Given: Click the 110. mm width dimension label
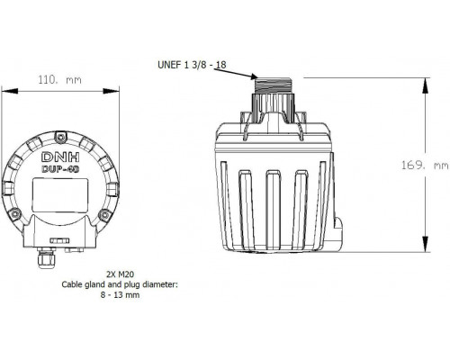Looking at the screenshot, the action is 59,80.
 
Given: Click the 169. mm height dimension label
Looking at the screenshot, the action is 425,166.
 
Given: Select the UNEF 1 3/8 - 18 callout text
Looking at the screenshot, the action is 192,65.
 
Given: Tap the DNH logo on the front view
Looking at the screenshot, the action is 60,157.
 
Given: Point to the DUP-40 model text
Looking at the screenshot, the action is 60,169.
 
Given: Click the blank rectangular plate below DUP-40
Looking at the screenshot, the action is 60,195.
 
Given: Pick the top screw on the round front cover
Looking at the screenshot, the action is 61,138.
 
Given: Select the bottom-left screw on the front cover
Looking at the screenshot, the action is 13,214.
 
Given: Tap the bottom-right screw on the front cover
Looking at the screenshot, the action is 104,214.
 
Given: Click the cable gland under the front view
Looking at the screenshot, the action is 47,257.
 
